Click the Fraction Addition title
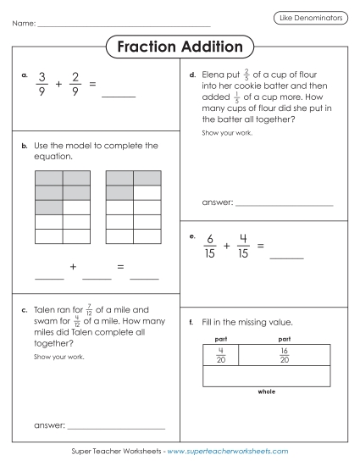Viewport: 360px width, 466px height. [180, 47]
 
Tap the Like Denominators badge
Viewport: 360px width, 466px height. [310, 18]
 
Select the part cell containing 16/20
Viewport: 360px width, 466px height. [285, 354]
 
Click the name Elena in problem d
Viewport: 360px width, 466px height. [216, 75]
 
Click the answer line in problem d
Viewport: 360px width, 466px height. [283, 204]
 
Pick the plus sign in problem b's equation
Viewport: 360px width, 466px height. [74, 267]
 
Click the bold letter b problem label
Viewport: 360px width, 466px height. [25, 146]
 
